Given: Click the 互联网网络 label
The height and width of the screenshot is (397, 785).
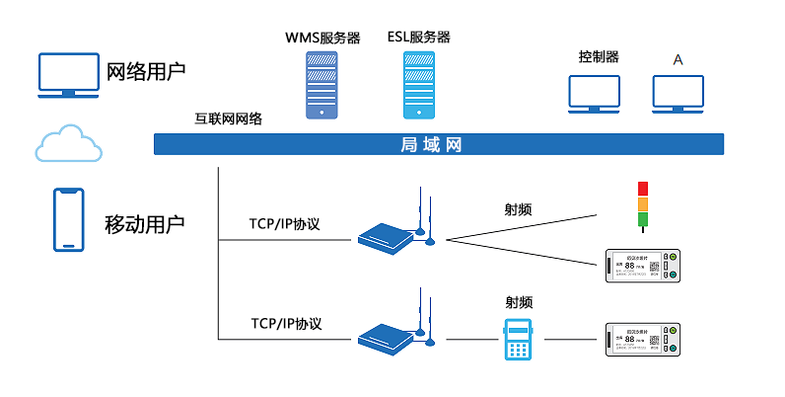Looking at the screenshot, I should pyautogui.click(x=229, y=119).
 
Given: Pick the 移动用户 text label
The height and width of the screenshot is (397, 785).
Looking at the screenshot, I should pyautogui.click(x=145, y=223).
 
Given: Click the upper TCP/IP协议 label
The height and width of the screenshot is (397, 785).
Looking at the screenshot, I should pyautogui.click(x=285, y=224).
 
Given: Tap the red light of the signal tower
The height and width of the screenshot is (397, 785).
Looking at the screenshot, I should pyautogui.click(x=642, y=188).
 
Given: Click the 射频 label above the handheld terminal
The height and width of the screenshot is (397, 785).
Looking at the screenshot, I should pyautogui.click(x=519, y=302).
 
